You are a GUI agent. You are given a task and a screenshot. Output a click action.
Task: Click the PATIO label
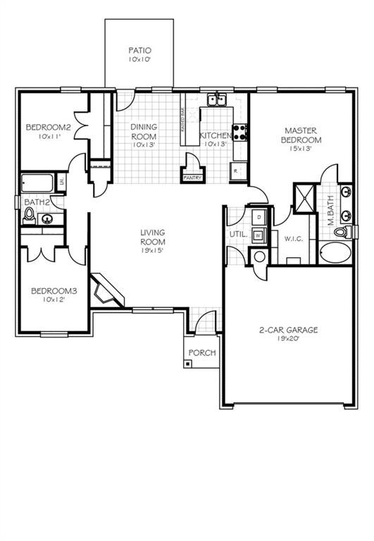140,51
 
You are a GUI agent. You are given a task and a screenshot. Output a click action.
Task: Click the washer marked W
258,235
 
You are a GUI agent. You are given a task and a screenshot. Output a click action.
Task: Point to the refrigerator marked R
237,170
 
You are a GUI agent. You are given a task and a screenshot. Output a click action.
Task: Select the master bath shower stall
304,197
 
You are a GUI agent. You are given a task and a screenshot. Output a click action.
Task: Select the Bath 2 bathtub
37,183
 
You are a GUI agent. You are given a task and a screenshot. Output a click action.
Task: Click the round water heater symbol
258,256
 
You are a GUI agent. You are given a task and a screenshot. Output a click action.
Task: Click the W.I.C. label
293,239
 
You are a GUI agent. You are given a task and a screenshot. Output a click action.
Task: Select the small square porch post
189,363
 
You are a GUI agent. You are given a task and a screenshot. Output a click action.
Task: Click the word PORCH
203,353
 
